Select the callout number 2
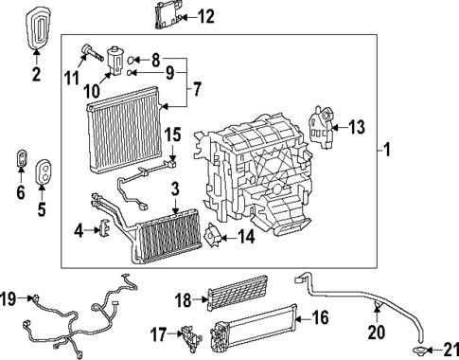pyautogui.click(x=37, y=75)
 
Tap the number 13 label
pyautogui.click(x=356, y=127)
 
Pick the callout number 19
pyautogui.click(x=9, y=299)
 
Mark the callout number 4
pyautogui.click(x=80, y=230)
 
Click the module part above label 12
pyautogui.click(x=168, y=14)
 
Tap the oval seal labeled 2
pyautogui.click(x=37, y=28)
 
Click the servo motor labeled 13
pyautogui.click(x=324, y=126)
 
